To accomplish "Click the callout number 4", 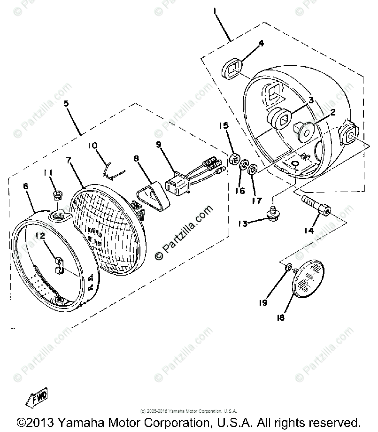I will tap(261, 43).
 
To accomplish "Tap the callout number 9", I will tap(160, 145).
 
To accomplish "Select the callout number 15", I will tap(224, 126).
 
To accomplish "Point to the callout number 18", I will tap(281, 318).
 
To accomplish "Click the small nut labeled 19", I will tap(288, 267).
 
